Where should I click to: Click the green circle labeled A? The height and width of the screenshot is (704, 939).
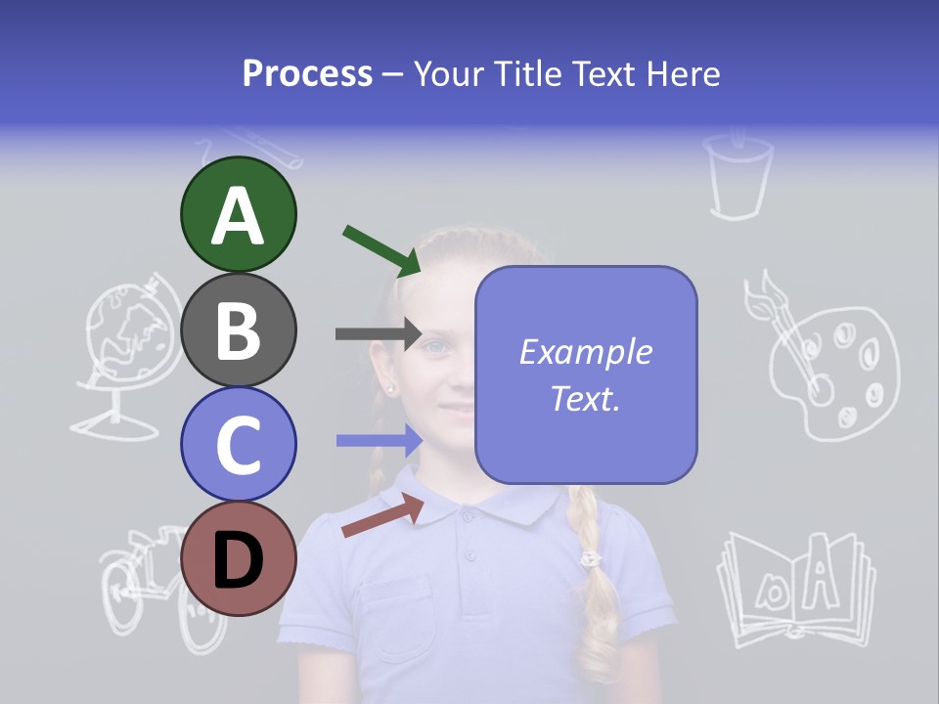tap(238, 215)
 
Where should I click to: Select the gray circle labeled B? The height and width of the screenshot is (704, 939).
tap(238, 330)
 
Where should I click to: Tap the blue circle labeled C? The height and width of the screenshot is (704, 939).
tap(238, 445)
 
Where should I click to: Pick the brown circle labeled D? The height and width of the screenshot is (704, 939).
tap(238, 559)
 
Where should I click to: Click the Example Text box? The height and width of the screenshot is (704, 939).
tap(586, 375)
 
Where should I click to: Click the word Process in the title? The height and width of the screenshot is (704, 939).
tap(307, 73)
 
